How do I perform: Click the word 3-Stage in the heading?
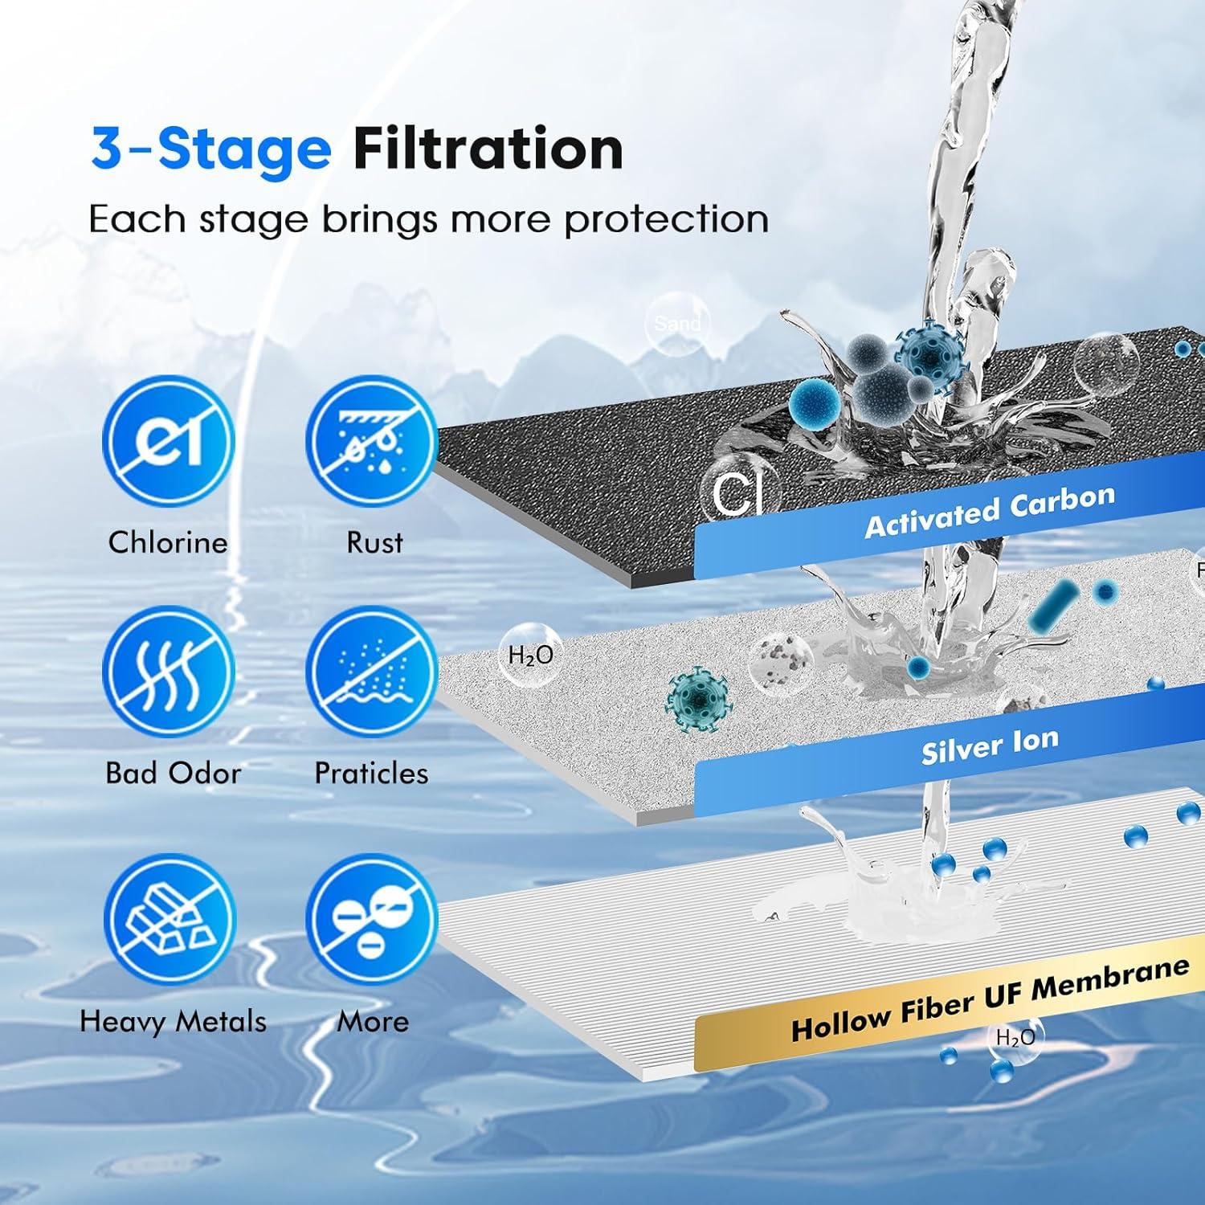click(210, 149)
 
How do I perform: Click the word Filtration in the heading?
click(488, 149)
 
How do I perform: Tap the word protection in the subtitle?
click(666, 219)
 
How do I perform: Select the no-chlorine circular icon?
click(169, 442)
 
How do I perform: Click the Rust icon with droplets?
click(371, 442)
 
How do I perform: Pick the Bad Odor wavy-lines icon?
click(169, 672)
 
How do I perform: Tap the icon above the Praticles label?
click(371, 672)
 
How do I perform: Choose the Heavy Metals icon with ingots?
click(169, 920)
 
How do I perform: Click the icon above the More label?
click(371, 920)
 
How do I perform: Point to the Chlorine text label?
click(168, 542)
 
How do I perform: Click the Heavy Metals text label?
click(173, 1021)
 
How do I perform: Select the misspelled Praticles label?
click(371, 773)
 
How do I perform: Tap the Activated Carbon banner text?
click(990, 512)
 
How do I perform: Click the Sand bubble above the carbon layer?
click(677, 323)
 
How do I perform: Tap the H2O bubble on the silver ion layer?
click(530, 656)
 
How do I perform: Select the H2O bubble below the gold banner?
click(1015, 1038)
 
